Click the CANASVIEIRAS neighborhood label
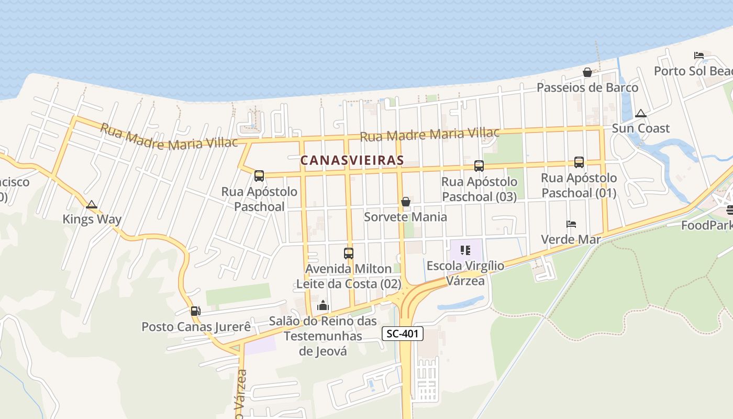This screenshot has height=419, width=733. (352, 160)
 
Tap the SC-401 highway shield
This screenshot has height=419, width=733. (402, 334)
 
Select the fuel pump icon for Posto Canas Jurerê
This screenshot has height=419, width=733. (195, 311)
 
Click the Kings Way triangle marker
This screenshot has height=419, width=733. (92, 204)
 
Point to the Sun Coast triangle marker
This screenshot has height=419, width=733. (640, 113)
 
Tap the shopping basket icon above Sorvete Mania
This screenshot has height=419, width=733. (405, 202)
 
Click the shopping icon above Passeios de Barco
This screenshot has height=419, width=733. (587, 72)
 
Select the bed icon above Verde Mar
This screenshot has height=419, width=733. (571, 224)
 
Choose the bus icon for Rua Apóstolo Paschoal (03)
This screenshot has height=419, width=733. (479, 166)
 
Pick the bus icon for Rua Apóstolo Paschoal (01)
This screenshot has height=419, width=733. (579, 162)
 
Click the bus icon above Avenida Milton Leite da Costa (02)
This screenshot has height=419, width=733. (349, 253)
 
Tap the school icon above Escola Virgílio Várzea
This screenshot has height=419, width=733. (465, 250)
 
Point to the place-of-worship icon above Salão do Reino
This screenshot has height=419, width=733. (323, 305)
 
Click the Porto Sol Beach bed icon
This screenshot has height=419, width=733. (698, 56)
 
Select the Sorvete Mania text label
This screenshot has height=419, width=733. (405, 217)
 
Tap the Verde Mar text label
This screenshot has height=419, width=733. (571, 239)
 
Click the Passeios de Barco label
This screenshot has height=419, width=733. (587, 87)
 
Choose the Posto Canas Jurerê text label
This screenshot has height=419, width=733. (196, 327)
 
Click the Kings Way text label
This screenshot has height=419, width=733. (92, 219)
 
